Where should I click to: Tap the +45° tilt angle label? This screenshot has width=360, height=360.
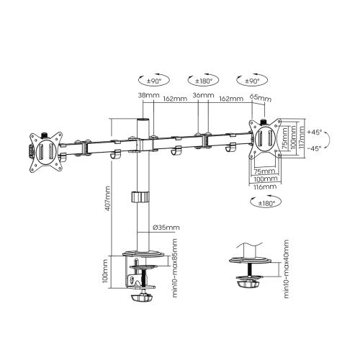313,132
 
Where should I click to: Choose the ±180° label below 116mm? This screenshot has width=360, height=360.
264,203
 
